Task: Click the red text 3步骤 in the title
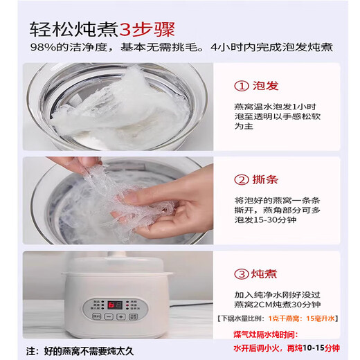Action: click(147, 30)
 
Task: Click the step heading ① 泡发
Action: click(258, 86)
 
